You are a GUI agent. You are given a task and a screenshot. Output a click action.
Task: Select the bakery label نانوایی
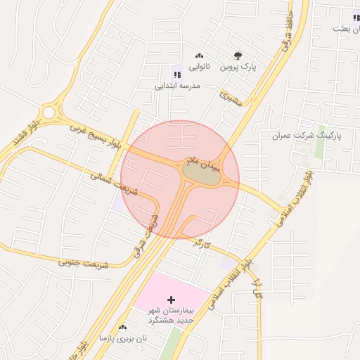pos(199,67)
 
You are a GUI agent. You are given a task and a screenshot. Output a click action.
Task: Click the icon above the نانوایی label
pos(199,56)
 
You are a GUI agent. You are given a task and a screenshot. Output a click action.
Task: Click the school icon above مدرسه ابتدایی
pos(176,75)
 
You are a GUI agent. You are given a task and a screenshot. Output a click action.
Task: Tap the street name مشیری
pos(230,98)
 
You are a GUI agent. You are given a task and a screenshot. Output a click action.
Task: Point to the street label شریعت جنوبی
pos(84,264)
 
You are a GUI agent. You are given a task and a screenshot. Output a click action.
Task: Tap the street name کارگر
pos(202,245)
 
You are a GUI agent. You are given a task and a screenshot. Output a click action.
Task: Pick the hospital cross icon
pos(171,300)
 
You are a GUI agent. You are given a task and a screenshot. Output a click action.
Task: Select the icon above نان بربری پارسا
pos(123,327)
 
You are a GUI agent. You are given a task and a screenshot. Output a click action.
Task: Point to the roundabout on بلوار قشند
pos(48,112)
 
